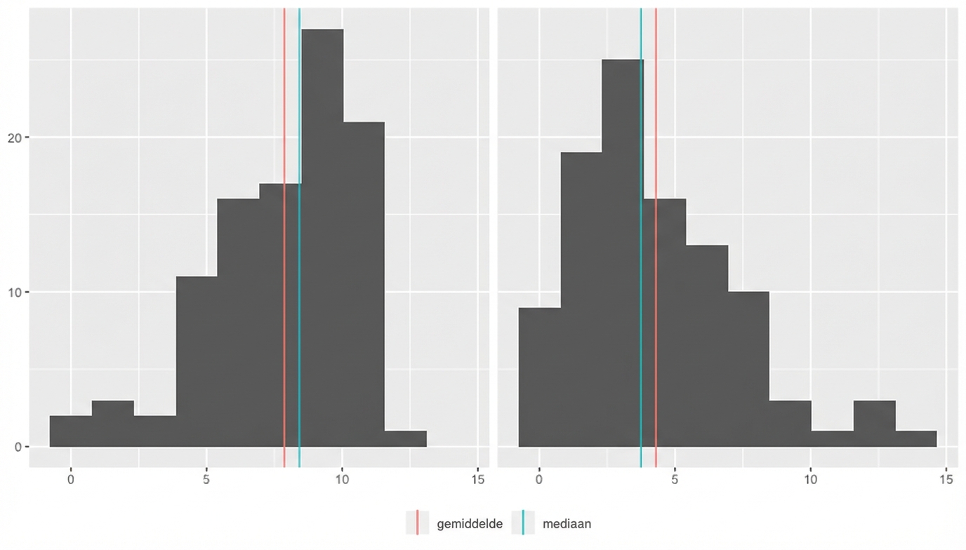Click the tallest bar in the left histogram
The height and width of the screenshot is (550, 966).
pos(322,239)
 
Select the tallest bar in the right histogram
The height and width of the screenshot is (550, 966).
pos(623,253)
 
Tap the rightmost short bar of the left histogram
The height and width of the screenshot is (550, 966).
pos(406,438)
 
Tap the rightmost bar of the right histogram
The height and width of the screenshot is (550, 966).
pos(915,438)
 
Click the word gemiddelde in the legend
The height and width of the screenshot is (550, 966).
pos(469,524)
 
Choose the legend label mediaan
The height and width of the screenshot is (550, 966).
pos(567,524)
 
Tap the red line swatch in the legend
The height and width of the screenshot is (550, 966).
pos(418,523)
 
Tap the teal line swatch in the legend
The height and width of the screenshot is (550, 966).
pos(523,523)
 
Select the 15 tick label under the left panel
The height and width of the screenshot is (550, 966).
pos(478,480)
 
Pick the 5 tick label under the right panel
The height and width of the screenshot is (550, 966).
pos(675,480)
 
